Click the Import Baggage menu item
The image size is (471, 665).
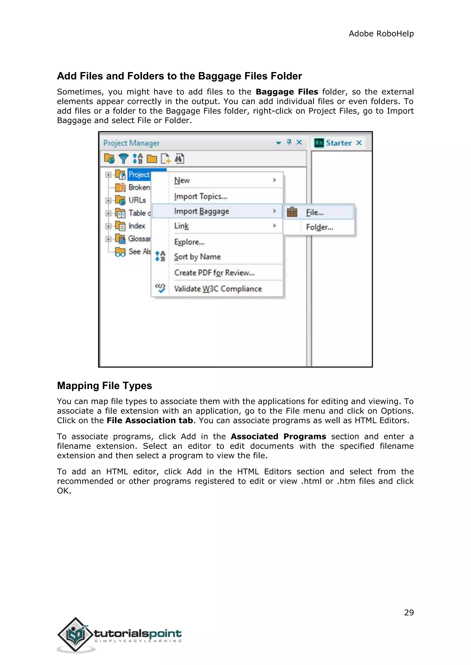[201, 211]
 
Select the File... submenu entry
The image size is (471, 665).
[315, 213]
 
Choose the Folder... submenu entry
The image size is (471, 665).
[319, 227]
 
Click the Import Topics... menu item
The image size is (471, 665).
[200, 196]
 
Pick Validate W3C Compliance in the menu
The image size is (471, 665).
[218, 289]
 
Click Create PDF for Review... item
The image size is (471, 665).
[214, 273]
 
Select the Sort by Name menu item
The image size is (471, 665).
[197, 257]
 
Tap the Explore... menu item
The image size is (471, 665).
[189, 242]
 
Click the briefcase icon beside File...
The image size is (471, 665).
[292, 212]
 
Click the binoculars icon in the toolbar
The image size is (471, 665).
[180, 158]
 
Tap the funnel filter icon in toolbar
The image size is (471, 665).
[123, 158]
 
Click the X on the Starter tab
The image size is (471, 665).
[359, 143]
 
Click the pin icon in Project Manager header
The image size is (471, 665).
[289, 142]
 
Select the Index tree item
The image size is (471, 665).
[137, 226]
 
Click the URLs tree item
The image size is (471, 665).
[137, 200]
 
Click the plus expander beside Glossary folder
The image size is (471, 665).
[108, 239]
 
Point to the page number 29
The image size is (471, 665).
[409, 613]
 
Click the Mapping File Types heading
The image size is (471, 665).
[104, 386]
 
